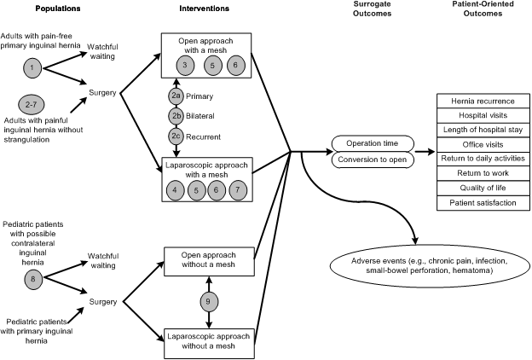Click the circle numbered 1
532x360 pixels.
pyautogui.click(x=31, y=66)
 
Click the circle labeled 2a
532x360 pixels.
pyautogui.click(x=174, y=95)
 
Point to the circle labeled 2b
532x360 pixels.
pyautogui.click(x=174, y=115)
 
